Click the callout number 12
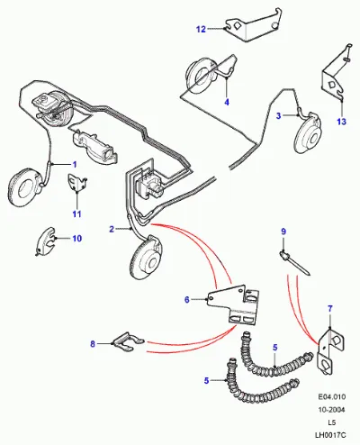coord(201,29)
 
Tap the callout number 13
coord(341,122)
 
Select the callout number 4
coord(227,102)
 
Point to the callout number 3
coord(278,115)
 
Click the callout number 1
coord(75,164)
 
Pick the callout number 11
coord(76,213)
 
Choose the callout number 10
coord(77,239)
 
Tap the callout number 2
coord(112,229)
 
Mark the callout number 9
coord(283,232)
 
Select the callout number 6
coord(187,299)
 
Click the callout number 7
coord(330,308)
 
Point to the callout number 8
coord(93,344)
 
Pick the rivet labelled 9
coord(294,264)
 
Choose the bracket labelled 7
coord(330,350)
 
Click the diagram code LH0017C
coord(330,435)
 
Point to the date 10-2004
coord(331,410)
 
